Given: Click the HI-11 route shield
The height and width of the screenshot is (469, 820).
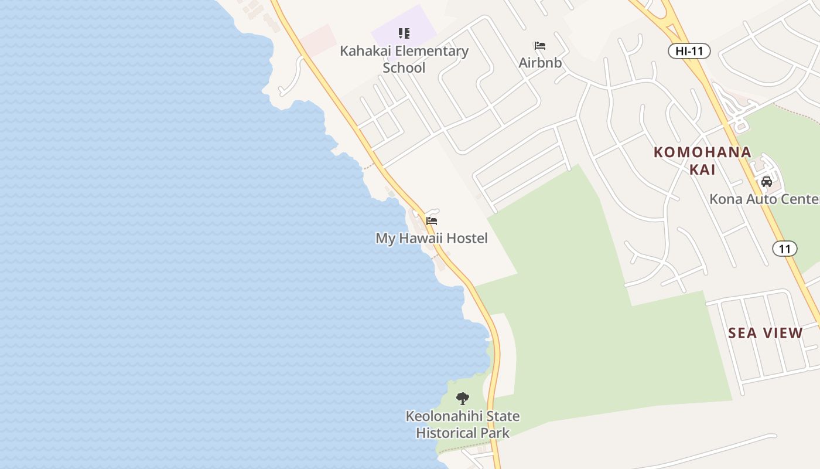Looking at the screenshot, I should [x=689, y=51].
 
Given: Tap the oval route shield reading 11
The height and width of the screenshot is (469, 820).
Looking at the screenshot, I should [x=784, y=249].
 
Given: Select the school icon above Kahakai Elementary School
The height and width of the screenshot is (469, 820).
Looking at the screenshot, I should [x=404, y=33].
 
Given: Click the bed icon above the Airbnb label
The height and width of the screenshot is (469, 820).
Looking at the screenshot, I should [x=539, y=46].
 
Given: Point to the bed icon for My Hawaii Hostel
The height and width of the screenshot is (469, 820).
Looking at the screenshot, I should [x=432, y=221].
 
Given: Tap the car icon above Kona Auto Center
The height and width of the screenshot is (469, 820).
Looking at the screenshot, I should [x=766, y=182].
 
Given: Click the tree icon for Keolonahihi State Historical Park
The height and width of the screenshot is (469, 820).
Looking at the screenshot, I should [x=463, y=399].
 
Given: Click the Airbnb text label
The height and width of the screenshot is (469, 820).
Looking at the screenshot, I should [x=540, y=62].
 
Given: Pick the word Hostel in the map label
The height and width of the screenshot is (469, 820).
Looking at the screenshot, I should [x=465, y=239].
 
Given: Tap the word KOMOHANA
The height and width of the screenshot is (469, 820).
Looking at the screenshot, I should [x=702, y=152].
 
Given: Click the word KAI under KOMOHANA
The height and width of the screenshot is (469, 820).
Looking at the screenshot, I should [x=702, y=169].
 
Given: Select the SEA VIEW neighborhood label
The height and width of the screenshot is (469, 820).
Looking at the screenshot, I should [x=765, y=333].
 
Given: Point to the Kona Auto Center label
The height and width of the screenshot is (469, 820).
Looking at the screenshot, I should [x=764, y=199].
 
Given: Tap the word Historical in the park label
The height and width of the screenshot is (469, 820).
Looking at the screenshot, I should [x=446, y=433].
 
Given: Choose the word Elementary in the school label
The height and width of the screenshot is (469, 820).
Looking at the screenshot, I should [x=431, y=51].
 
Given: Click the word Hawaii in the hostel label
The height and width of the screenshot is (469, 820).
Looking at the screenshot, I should [x=421, y=239].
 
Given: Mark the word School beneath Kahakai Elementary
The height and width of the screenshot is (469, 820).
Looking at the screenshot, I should [x=404, y=67].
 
